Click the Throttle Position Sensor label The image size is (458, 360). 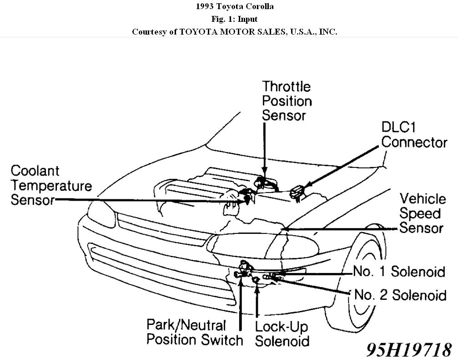(287, 101)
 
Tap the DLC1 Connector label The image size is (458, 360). (414, 135)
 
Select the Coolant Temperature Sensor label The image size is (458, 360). (51, 185)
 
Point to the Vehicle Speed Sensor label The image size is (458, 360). (422, 213)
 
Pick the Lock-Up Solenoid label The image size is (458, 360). (282, 334)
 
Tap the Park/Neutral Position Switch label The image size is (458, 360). (195, 333)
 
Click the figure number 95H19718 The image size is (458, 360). (409, 350)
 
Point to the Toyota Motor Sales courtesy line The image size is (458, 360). (235, 32)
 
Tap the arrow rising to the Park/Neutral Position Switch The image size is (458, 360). (240, 300)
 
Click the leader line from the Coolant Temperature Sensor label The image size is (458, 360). (146, 200)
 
